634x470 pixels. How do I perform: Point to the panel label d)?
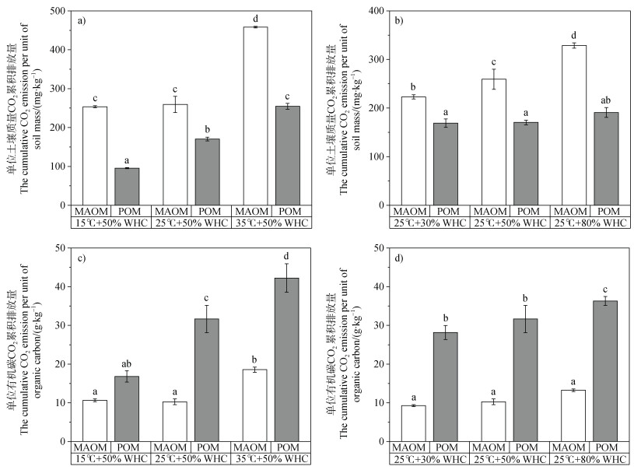405,256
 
